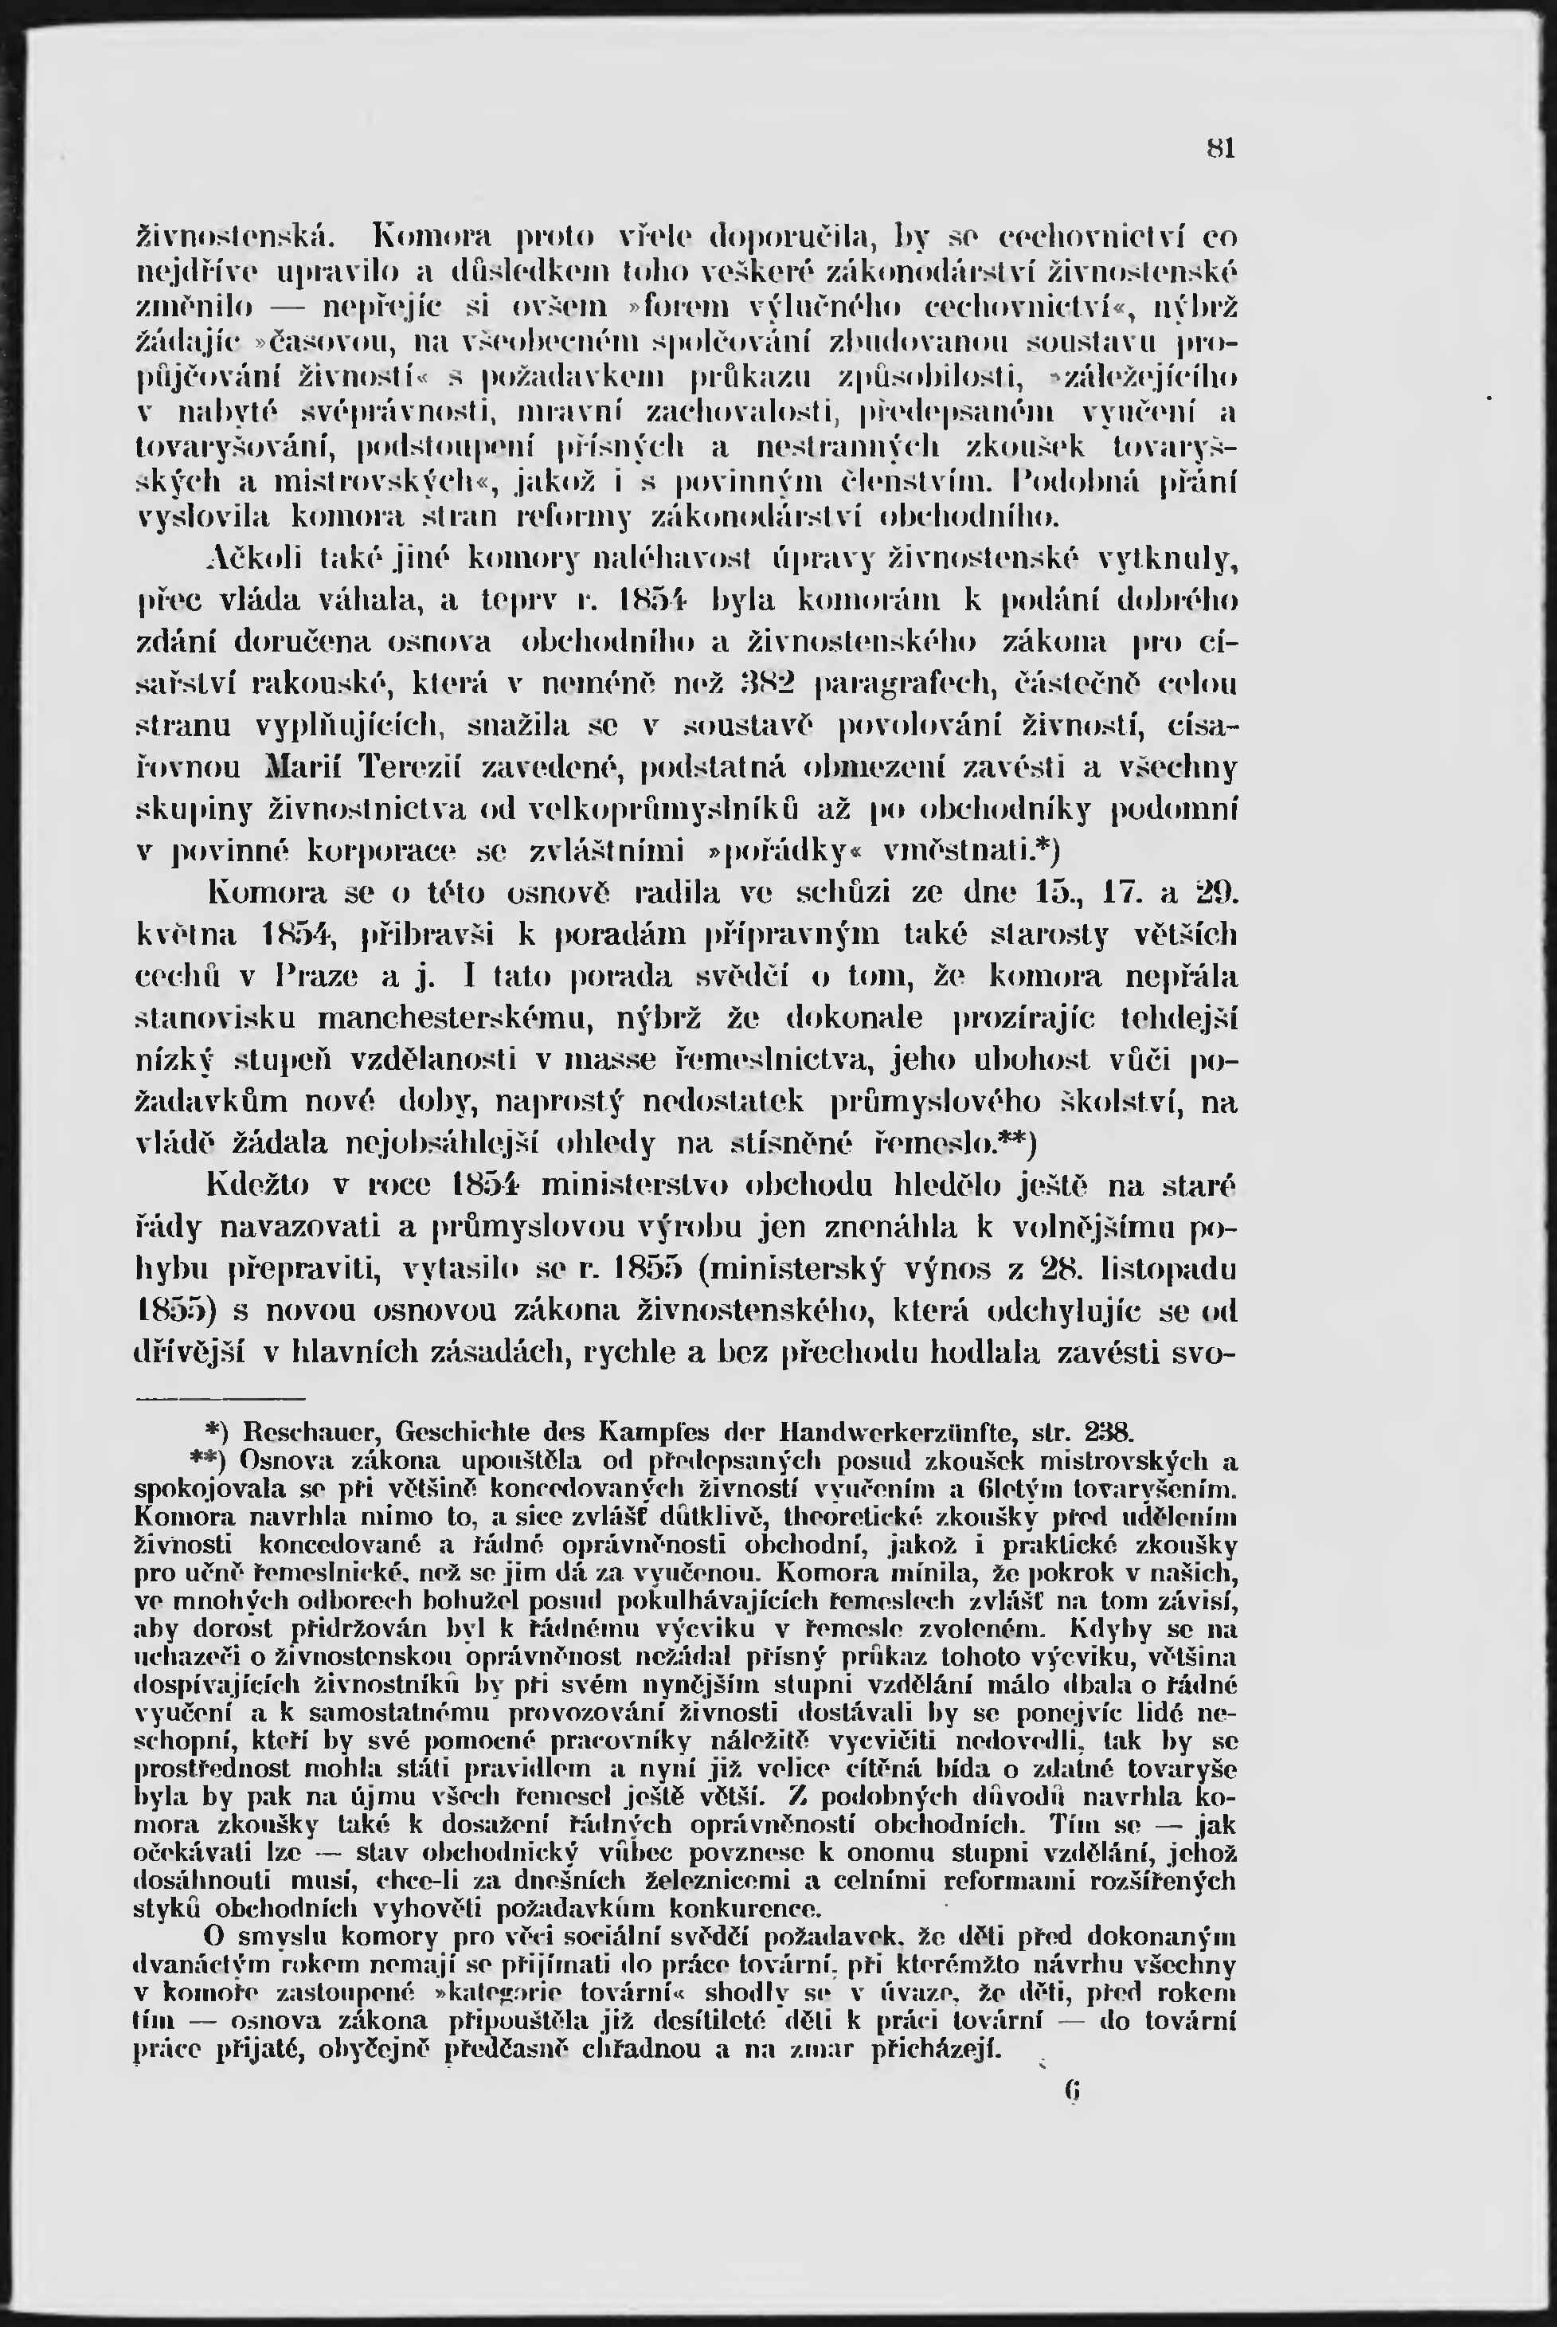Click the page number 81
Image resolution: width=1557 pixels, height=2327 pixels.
pos(1220,150)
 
